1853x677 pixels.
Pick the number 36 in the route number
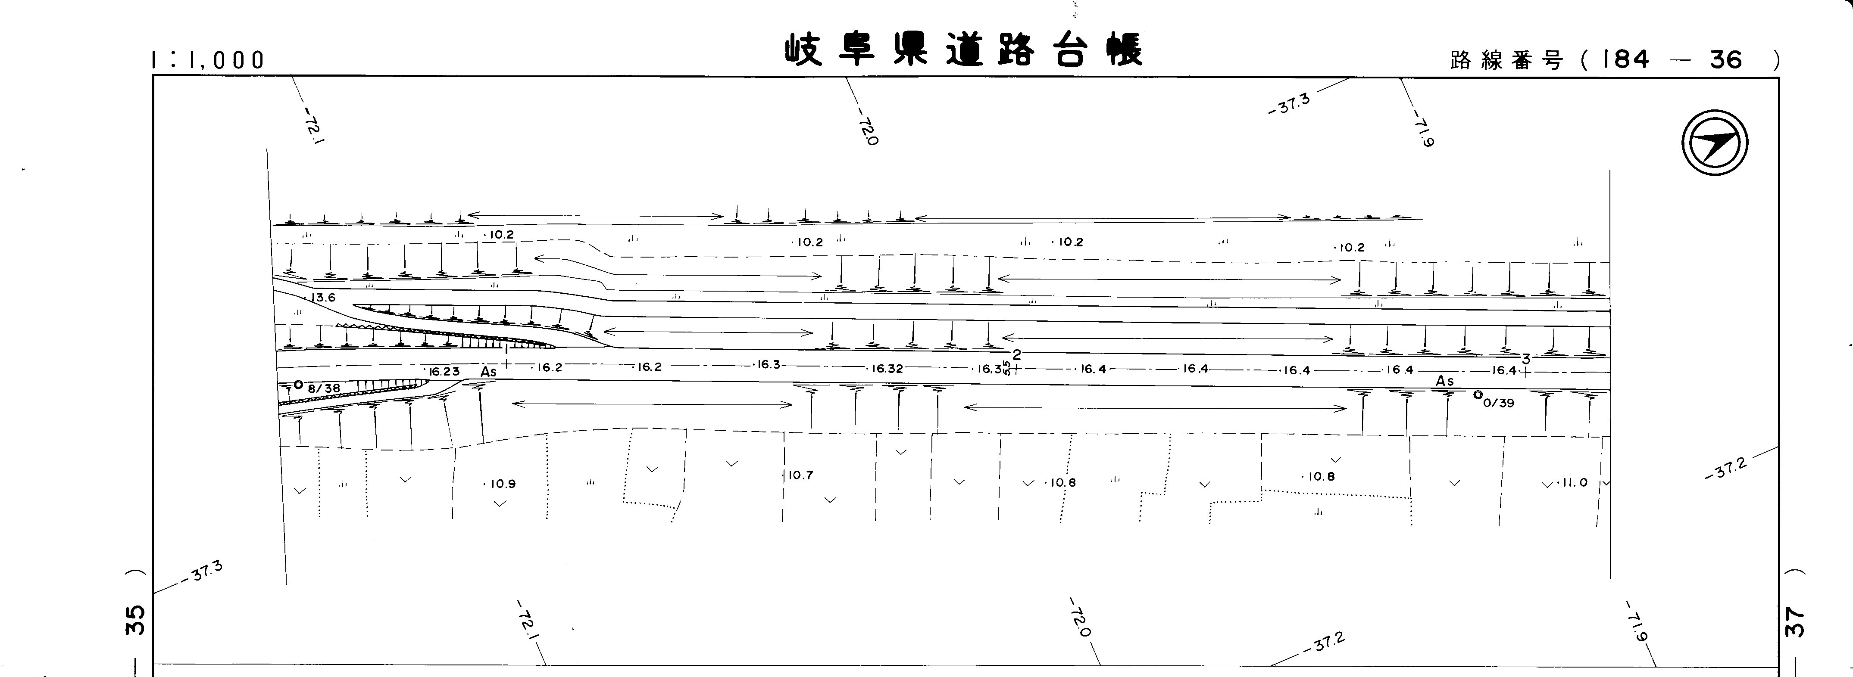1726,59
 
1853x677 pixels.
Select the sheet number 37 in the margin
1795,622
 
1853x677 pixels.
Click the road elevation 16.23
444,372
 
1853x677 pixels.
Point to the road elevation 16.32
887,369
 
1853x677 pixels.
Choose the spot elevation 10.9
503,484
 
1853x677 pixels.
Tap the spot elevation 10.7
800,475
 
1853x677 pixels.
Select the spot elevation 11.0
1572,482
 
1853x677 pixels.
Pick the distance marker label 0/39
1498,403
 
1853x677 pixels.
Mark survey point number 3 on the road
1526,359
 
